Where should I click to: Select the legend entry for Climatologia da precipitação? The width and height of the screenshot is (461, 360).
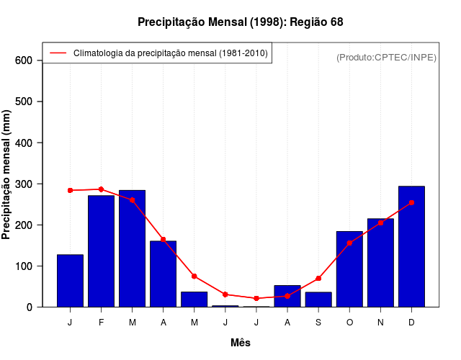click(170, 53)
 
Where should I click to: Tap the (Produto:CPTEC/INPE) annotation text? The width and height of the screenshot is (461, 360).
click(386, 58)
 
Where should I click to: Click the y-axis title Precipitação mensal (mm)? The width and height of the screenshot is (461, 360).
click(7, 174)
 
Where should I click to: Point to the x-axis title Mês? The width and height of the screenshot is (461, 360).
click(241, 343)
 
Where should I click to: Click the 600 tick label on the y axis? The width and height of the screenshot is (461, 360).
click(24, 60)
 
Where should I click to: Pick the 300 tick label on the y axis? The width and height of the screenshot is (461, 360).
click(24, 184)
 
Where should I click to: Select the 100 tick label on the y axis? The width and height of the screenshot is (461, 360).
click(24, 266)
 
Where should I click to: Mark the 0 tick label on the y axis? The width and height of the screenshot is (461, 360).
click(30, 307)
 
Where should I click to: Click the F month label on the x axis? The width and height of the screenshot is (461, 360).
click(101, 323)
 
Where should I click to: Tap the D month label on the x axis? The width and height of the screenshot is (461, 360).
click(411, 323)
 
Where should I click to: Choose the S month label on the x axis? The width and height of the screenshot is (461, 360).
click(318, 323)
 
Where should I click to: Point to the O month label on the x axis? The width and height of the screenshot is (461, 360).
click(349, 323)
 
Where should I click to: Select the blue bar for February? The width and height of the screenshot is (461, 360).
click(101, 251)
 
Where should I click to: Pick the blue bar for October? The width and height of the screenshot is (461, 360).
click(349, 269)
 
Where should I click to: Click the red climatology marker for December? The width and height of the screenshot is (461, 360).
click(411, 203)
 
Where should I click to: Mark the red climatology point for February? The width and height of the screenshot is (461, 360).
click(101, 189)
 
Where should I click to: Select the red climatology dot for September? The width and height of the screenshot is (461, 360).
click(318, 278)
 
